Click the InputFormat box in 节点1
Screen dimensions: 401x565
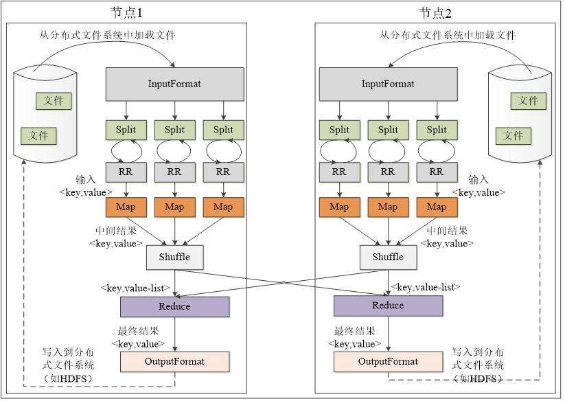pyautogui.click(x=174, y=84)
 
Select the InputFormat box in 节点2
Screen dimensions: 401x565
pyautogui.click(x=388, y=84)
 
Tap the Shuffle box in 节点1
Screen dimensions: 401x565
pyautogui.click(x=174, y=257)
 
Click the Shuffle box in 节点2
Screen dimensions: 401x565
pyautogui.click(x=388, y=257)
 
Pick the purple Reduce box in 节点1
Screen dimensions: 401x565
pyautogui.click(x=174, y=306)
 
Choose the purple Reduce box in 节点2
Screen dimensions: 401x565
pyautogui.click(x=388, y=306)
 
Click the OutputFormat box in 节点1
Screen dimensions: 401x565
pyautogui.click(x=174, y=361)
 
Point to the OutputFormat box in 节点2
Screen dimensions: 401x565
pyautogui.click(x=388, y=361)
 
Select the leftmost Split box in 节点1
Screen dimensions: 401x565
pyautogui.click(x=126, y=130)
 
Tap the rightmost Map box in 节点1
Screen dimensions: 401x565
pyautogui.click(x=223, y=207)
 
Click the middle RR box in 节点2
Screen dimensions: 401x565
pyautogui.click(x=388, y=172)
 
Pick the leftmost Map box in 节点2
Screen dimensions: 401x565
pyautogui.click(x=339, y=207)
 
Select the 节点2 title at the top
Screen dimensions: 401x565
pyautogui.click(x=435, y=13)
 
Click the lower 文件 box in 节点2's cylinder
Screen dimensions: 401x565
pyautogui.click(x=514, y=135)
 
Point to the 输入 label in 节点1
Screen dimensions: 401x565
pyautogui.click(x=87, y=179)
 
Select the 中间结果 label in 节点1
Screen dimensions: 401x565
pyautogui.click(x=116, y=231)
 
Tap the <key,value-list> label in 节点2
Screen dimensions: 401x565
pyautogui.click(x=425, y=286)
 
